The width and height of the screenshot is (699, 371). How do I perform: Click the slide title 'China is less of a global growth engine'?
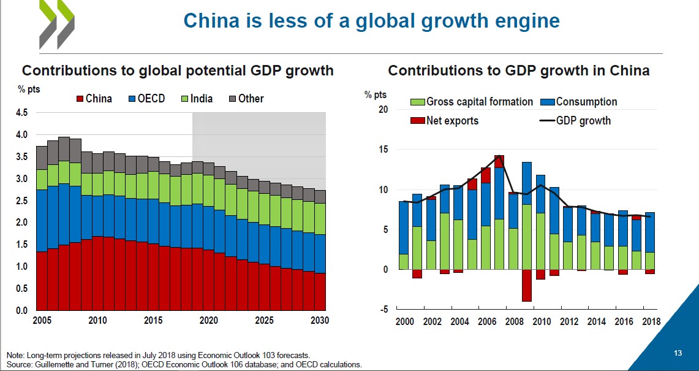tap(371, 21)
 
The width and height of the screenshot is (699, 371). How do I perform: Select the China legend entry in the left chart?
tap(94, 99)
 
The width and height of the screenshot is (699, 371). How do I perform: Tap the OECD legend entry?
tap(146, 99)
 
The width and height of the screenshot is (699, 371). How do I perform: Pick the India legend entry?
tap(196, 99)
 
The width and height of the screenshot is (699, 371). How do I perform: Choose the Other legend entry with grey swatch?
tap(246, 99)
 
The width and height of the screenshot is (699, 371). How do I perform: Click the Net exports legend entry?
tap(445, 121)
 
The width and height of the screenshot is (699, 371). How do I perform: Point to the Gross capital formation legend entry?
tap(472, 102)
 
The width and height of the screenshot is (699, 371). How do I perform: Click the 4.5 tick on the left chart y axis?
tap(21, 113)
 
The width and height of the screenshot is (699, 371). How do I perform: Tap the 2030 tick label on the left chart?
tap(319, 321)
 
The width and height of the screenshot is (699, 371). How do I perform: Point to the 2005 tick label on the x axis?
tap(42, 321)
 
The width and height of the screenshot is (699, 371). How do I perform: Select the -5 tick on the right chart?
tap(384, 310)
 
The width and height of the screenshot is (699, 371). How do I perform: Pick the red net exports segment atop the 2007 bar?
tap(499, 161)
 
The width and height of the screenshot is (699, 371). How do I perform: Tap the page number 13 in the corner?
tap(678, 353)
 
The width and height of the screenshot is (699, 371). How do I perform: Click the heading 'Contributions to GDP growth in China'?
tap(519, 71)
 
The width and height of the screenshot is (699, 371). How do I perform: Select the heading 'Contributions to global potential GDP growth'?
tap(178, 71)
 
